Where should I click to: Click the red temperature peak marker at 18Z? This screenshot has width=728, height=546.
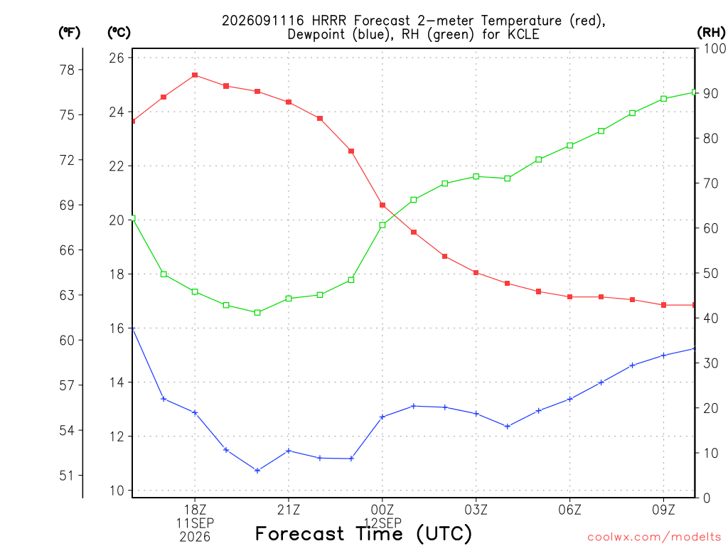coord(195,75)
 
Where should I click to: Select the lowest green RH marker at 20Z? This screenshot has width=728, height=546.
coord(257,313)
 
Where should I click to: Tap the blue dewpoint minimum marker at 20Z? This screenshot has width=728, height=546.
coord(257,471)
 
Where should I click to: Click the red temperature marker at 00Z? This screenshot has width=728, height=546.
coord(382,205)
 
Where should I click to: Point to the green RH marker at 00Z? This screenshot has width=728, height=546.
coord(382,225)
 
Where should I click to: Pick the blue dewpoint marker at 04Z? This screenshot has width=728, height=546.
coord(508,427)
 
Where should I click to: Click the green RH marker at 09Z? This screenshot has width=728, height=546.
coord(663,99)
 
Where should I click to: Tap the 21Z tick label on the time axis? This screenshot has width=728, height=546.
coord(289,510)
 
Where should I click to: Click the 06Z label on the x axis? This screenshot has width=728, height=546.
coord(569,510)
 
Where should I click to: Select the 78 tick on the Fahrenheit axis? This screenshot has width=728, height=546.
coord(67,70)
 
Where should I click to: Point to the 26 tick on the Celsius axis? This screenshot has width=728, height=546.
coord(117,58)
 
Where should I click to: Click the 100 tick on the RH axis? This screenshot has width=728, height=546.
coord(715,49)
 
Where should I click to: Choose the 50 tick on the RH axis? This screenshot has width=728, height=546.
coord(711,274)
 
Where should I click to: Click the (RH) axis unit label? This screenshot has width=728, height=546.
coord(711,33)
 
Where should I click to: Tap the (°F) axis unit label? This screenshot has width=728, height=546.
coord(69,33)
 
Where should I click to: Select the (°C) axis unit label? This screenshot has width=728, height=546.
coord(119,33)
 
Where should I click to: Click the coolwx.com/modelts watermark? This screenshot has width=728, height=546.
coord(654,537)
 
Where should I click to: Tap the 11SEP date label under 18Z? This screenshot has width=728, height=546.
coord(195,523)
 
